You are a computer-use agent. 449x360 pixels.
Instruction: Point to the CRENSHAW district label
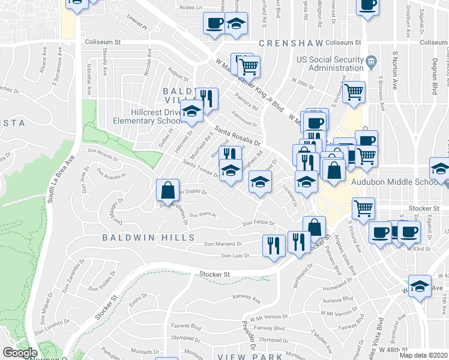coord(290,43)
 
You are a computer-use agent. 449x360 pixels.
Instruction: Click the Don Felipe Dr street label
coord(258,223)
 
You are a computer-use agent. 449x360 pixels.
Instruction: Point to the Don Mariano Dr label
coord(223,244)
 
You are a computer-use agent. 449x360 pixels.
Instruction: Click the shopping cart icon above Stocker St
coord(363,208)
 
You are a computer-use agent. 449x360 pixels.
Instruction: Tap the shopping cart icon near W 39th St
coord(354,92)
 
